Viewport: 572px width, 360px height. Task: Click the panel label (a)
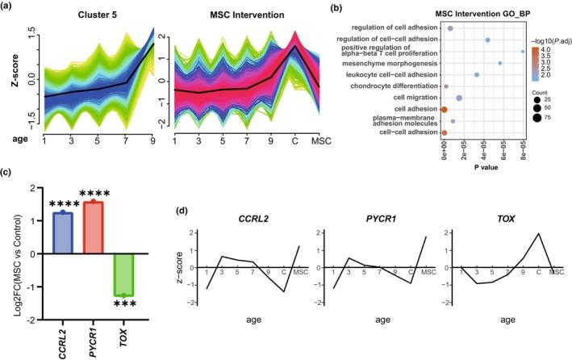pos(8,6)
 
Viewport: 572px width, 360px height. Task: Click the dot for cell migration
pos(459,98)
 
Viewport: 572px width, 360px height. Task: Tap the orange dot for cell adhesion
pos(444,109)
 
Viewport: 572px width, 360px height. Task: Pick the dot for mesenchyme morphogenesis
pos(500,63)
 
